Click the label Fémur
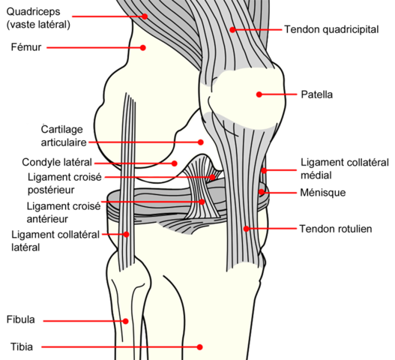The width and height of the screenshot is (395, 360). coord(26,47)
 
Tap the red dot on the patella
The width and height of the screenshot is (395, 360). coord(259,94)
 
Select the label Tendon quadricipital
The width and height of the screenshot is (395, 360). coord(331,29)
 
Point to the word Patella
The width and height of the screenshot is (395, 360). coord(316,94)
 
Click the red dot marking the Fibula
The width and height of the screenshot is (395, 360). coord(125,321)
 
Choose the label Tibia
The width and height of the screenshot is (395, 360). coord(22,347)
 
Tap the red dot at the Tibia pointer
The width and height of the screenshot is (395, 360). coord(199,347)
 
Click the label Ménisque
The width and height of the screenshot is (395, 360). coord(323,193)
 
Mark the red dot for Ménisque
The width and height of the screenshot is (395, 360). coord(262,192)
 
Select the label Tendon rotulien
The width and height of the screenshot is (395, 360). coord(336,229)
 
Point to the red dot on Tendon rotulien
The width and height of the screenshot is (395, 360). coord(246,229)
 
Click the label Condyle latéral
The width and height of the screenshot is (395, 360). coord(57,162)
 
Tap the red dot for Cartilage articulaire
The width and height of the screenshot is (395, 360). coord(201,142)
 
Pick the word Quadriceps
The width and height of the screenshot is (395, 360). coord(33,12)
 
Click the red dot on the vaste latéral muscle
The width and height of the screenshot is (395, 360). coord(145,16)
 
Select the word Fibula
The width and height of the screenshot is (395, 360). coord(21,319)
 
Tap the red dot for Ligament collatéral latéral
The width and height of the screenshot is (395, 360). coord(126,234)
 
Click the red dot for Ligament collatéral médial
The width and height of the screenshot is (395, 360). coord(264,171)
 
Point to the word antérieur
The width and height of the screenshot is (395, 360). coord(47,219)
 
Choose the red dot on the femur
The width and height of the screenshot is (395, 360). coord(143,48)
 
